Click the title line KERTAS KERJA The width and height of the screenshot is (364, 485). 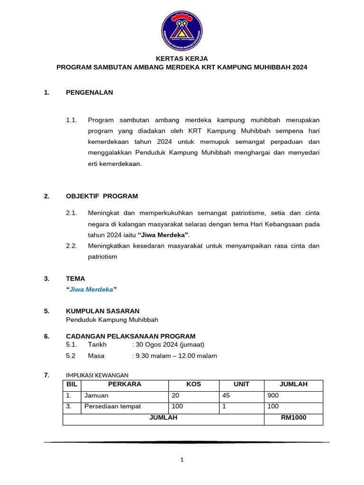(182, 58)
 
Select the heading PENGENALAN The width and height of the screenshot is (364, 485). (89, 92)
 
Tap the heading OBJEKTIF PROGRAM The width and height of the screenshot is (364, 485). (101, 196)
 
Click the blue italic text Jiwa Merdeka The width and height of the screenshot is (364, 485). (91, 289)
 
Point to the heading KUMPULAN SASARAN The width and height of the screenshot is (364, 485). (102, 311)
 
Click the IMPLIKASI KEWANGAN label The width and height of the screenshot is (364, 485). (97, 375)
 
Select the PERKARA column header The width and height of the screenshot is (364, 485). (125, 384)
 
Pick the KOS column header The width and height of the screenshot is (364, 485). (193, 384)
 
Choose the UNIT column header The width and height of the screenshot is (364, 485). (241, 384)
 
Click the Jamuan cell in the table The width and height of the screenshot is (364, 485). (96, 395)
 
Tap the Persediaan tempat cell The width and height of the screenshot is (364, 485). (112, 406)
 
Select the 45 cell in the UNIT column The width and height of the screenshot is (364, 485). (227, 395)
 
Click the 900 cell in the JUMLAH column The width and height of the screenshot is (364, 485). (273, 395)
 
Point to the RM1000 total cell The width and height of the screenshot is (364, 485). (293, 417)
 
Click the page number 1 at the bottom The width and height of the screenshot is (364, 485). (182, 459)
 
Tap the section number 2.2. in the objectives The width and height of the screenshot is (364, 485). (72, 246)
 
